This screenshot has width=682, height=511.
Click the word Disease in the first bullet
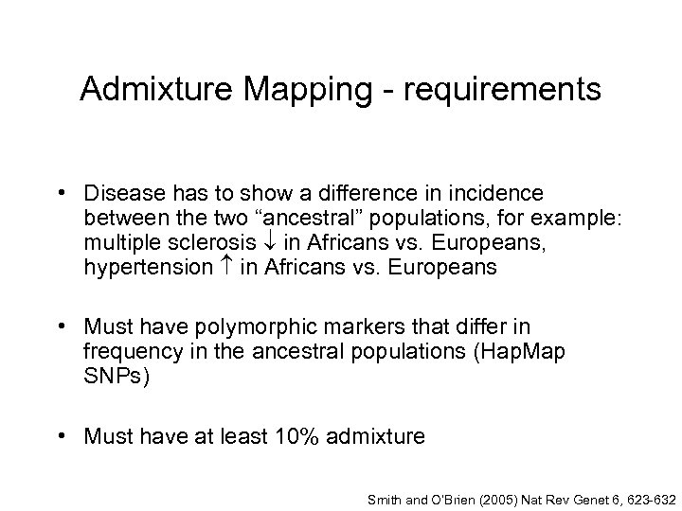click(121, 194)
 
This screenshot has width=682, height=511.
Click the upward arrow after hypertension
click(226, 267)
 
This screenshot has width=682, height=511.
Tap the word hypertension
click(148, 267)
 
